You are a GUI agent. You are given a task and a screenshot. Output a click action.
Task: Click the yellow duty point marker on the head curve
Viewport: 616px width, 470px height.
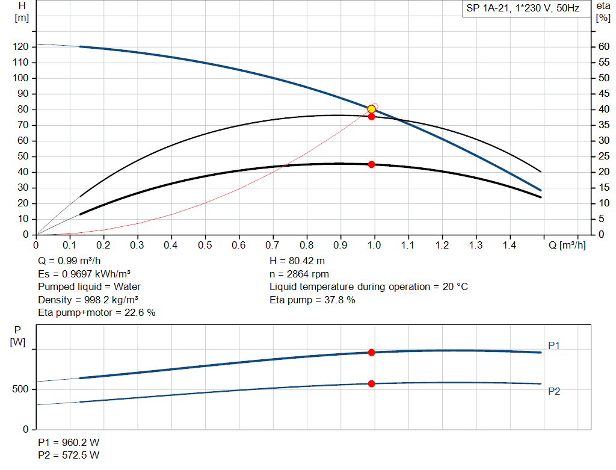click(x=372, y=109)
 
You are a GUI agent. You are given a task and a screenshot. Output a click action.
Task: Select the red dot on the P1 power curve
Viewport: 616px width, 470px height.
click(x=371, y=352)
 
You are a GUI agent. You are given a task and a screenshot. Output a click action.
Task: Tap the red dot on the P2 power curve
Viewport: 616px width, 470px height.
click(x=371, y=383)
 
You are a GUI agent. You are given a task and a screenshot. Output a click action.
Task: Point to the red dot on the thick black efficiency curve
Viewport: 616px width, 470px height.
click(x=371, y=164)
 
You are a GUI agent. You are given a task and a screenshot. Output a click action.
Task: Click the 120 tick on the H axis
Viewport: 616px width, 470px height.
click(x=21, y=47)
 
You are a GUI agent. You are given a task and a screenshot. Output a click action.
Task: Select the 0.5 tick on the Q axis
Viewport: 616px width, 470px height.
click(x=206, y=246)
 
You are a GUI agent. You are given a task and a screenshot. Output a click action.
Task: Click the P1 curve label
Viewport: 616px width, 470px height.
click(x=554, y=345)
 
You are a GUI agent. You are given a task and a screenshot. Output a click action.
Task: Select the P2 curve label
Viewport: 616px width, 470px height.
click(x=554, y=391)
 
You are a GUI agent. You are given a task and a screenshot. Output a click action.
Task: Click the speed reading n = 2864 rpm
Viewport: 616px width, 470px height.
click(x=299, y=274)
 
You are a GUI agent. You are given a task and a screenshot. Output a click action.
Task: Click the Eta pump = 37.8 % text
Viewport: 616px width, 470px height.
click(x=312, y=300)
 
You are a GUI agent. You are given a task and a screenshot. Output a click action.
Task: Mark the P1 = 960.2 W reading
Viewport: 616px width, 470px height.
click(x=69, y=442)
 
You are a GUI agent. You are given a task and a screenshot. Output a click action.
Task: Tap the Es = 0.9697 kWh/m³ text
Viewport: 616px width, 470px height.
click(x=84, y=274)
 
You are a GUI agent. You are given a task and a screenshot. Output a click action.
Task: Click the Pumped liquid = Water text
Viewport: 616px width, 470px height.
click(x=89, y=286)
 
